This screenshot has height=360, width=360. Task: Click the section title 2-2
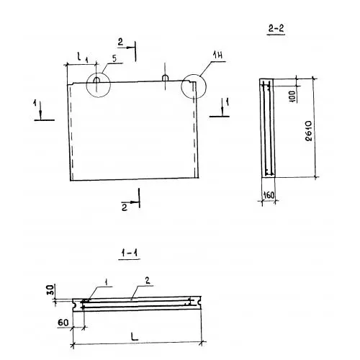(276, 29)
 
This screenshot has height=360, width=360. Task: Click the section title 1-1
(130, 253)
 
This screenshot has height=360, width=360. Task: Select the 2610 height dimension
(309, 131)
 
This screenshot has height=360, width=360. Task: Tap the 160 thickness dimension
(269, 195)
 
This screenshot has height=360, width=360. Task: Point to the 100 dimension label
(293, 96)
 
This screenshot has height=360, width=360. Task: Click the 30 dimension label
(51, 290)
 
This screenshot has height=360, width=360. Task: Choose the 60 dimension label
(63, 323)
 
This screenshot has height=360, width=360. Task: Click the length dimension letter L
(135, 336)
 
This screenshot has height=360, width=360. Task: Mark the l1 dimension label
(82, 58)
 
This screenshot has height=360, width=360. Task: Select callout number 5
(114, 58)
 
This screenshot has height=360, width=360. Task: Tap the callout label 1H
(217, 55)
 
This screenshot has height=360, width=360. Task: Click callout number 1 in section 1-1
(107, 282)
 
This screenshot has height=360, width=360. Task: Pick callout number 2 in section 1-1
(148, 280)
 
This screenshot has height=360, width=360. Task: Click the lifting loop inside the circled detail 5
(96, 80)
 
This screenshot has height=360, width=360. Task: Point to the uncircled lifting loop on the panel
(165, 78)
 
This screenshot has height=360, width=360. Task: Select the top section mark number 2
(120, 42)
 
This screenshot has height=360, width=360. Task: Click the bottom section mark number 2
(125, 207)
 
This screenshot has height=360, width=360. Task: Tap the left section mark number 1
(35, 104)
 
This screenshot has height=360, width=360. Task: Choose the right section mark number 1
(227, 102)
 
